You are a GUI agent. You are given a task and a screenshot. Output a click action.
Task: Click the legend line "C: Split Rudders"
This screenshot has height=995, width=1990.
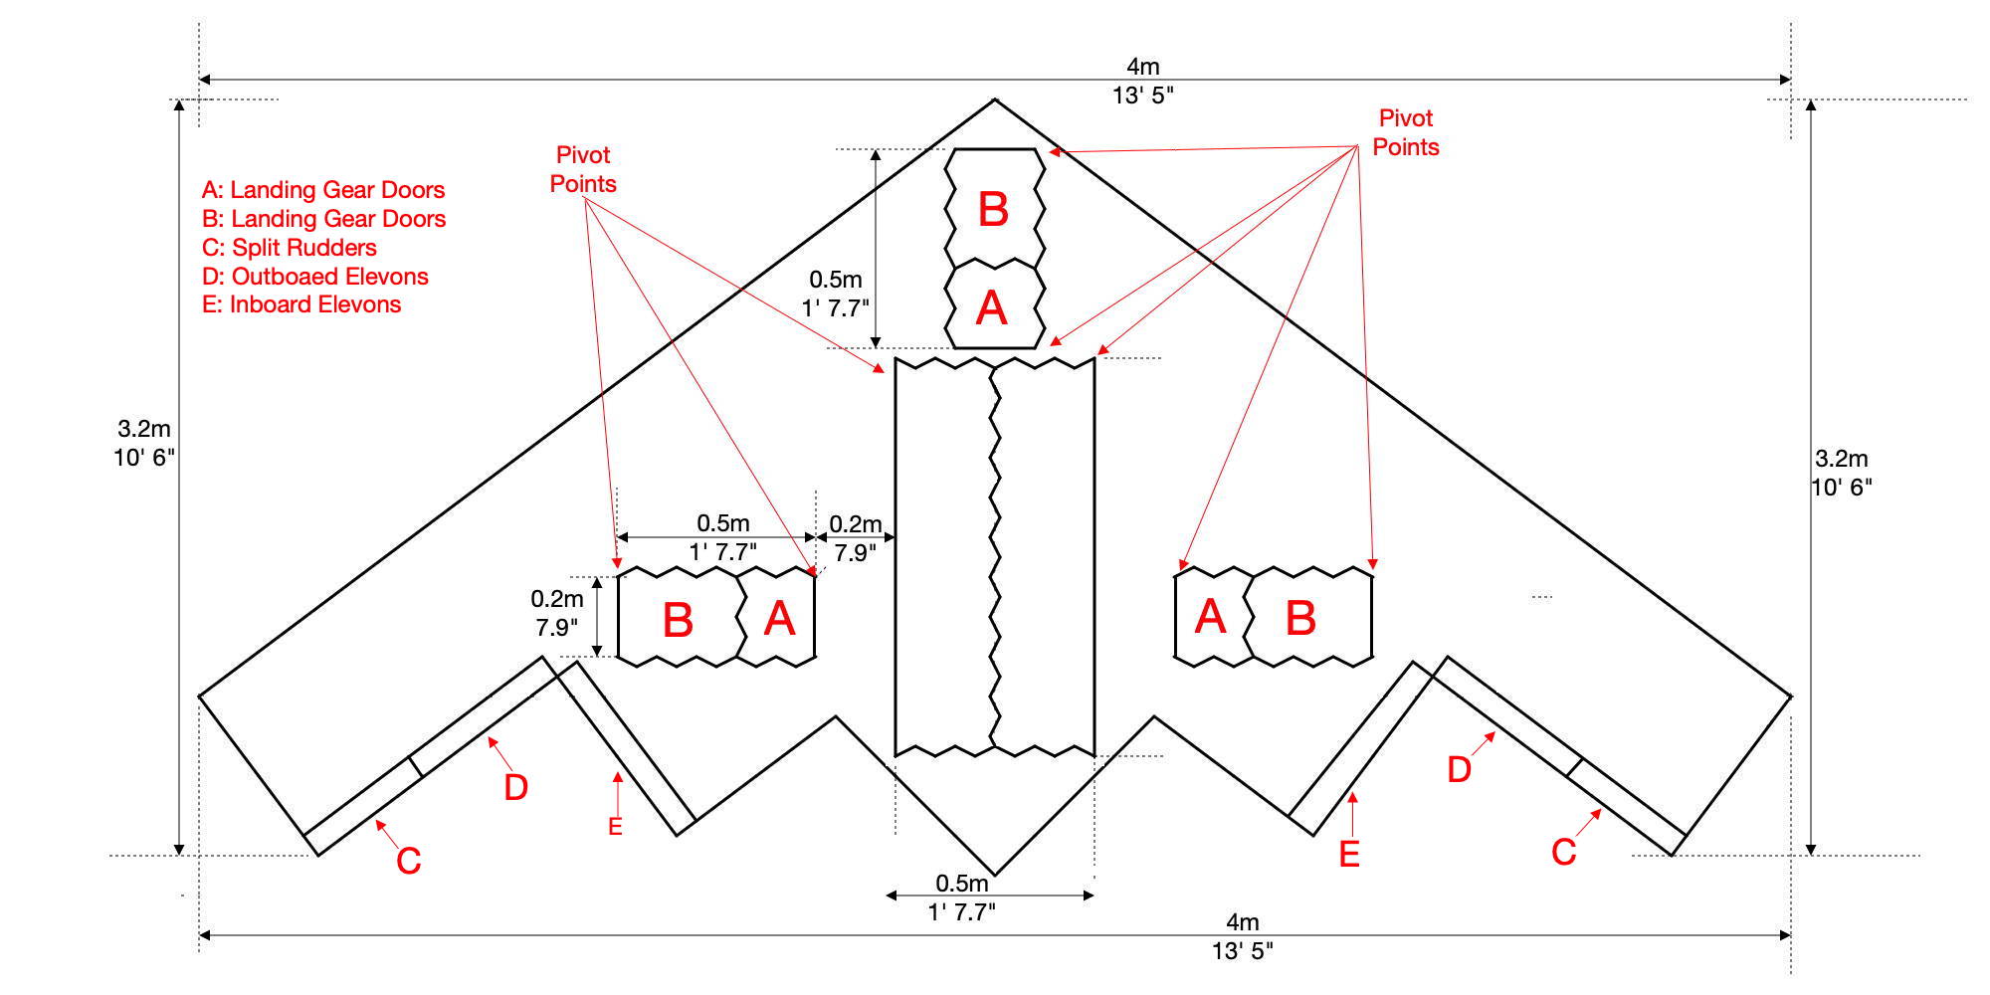click(290, 248)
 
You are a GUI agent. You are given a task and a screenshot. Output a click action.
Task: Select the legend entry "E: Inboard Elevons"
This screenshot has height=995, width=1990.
click(301, 304)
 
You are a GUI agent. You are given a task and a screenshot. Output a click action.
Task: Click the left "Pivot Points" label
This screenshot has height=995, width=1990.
click(583, 169)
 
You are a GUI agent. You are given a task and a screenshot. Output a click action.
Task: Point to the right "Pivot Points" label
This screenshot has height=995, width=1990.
click(1405, 132)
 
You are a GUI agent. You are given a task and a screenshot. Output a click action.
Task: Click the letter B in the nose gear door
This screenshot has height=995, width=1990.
click(993, 210)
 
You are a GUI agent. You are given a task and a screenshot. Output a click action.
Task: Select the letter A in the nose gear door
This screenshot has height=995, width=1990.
click(991, 308)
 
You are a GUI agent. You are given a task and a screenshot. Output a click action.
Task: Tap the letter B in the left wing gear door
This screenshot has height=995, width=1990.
click(678, 621)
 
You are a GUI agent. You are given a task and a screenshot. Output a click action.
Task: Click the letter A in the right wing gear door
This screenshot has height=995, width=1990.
click(1210, 618)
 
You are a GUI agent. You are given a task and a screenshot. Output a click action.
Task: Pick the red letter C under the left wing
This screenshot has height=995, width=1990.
click(408, 862)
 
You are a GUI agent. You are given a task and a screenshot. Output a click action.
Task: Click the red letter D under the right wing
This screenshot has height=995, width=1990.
click(1459, 769)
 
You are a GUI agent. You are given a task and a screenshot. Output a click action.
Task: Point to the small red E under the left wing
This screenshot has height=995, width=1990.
click(615, 827)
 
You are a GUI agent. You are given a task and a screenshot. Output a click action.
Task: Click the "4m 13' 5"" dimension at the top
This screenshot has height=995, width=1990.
click(1143, 81)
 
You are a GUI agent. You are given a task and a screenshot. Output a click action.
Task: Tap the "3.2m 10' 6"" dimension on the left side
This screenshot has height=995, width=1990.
click(144, 443)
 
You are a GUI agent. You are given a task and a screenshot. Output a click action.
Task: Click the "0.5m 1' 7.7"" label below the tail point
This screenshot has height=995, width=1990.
click(962, 897)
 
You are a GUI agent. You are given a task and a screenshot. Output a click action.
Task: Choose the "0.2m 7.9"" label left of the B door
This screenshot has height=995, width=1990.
click(556, 613)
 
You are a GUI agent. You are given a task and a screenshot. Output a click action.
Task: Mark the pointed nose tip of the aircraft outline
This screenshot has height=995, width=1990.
click(995, 99)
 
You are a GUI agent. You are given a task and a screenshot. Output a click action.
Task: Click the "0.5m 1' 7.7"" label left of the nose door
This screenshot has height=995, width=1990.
click(836, 295)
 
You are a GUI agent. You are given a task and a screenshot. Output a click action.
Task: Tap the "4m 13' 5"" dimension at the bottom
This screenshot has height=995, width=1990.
click(1242, 936)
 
